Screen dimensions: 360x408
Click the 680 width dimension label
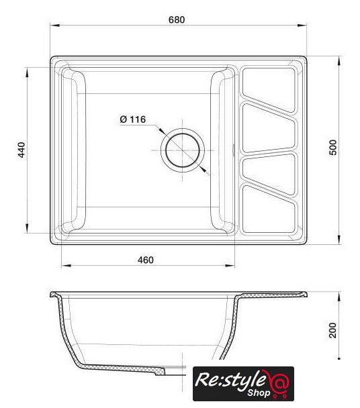[177, 19]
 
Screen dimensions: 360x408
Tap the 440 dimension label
[21, 150]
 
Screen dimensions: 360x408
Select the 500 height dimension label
[333, 148]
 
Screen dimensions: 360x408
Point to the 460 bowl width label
[146, 260]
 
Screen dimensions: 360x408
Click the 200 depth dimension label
[332, 330]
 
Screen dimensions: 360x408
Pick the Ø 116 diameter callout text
[133, 119]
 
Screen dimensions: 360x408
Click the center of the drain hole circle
[182, 150]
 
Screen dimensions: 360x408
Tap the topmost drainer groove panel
[269, 90]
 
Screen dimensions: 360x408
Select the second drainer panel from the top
[269, 127]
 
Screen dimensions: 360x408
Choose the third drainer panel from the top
[269, 173]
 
